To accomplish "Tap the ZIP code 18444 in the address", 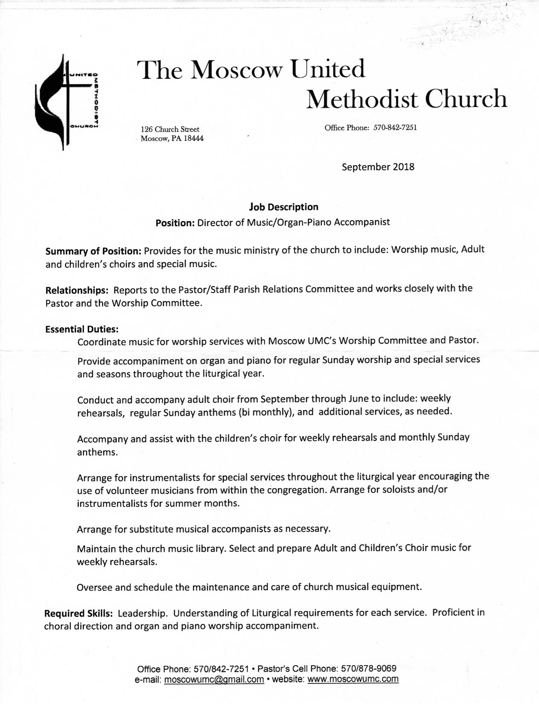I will pyautogui.click(x=193, y=139).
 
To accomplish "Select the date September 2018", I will pyautogui.click(x=378, y=167).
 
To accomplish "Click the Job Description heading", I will pyautogui.click(x=283, y=207).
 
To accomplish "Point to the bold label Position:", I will pyautogui.click(x=175, y=223).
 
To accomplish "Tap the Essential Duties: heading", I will pyautogui.click(x=82, y=329).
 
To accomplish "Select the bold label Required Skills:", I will pyautogui.click(x=79, y=614).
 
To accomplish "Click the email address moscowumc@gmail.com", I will pyautogui.click(x=214, y=680).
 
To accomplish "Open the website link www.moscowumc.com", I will pyautogui.click(x=353, y=679).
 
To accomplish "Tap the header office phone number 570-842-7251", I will pyautogui.click(x=395, y=128).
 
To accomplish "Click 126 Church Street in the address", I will pyautogui.click(x=170, y=129).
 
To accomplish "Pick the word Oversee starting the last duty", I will pyautogui.click(x=94, y=588).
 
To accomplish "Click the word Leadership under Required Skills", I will pyautogui.click(x=142, y=614).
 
